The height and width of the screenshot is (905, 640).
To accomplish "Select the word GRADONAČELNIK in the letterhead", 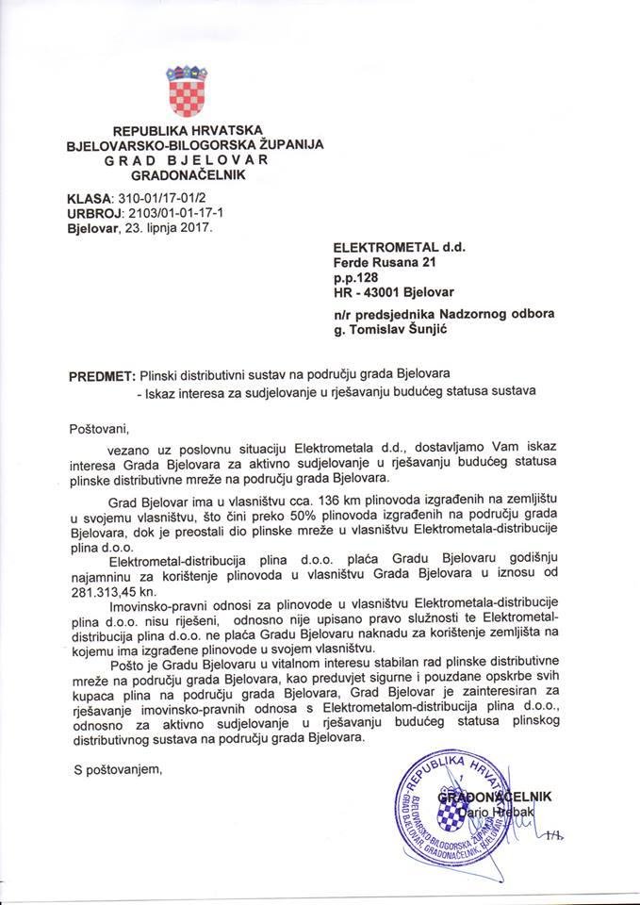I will coord(188,175).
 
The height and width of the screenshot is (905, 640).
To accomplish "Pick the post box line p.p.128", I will coord(355,279).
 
